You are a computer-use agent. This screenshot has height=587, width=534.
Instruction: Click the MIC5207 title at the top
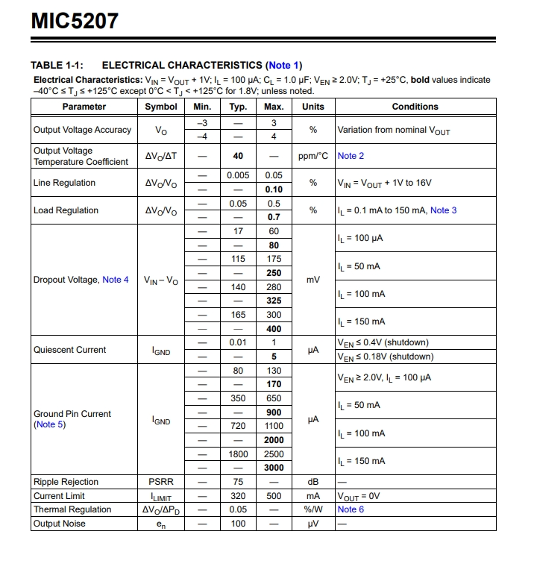[x=75, y=21]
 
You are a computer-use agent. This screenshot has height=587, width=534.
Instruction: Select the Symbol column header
[x=160, y=107]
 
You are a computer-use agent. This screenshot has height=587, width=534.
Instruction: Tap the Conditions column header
[x=415, y=107]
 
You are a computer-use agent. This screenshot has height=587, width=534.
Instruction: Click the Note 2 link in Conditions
[x=351, y=156]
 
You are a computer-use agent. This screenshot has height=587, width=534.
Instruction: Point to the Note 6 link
[x=351, y=509]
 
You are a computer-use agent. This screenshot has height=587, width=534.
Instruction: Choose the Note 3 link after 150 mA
[x=443, y=210]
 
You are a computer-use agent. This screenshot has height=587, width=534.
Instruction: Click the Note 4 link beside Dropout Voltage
[x=116, y=280]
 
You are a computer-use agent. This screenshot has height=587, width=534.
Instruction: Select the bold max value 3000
[x=274, y=468]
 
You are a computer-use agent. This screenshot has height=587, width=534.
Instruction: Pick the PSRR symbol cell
[x=160, y=482]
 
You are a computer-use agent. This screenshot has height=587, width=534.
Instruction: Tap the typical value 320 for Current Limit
[x=238, y=496]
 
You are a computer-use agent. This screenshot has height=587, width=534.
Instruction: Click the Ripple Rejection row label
[x=66, y=482]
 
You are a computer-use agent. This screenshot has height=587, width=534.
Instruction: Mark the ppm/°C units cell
[x=313, y=156]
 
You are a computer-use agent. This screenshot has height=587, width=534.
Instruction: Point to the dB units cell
[x=313, y=482]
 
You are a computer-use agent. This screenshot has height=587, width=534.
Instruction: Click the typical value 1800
[x=238, y=454]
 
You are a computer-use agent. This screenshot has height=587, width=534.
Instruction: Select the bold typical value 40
[x=238, y=156]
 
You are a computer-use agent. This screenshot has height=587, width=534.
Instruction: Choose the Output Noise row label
[x=59, y=524]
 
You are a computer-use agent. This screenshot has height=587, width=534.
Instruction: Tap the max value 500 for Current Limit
[x=274, y=496]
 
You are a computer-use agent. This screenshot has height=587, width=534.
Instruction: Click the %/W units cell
[x=313, y=509]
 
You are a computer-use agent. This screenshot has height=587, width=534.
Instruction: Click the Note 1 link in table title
[x=284, y=65]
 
